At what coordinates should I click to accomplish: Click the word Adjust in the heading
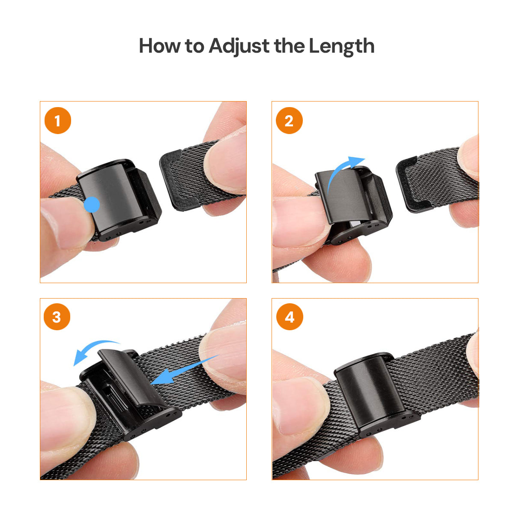[x=239, y=46]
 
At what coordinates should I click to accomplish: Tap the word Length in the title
[x=342, y=46]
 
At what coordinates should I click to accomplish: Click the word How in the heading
[x=159, y=46]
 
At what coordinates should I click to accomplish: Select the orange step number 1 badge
[x=58, y=120]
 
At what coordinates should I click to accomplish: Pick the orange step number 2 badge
[x=289, y=120]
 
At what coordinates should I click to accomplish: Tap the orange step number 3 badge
[x=57, y=317]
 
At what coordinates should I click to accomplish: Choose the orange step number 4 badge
[x=290, y=317]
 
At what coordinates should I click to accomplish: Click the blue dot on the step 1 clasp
[x=92, y=205]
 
